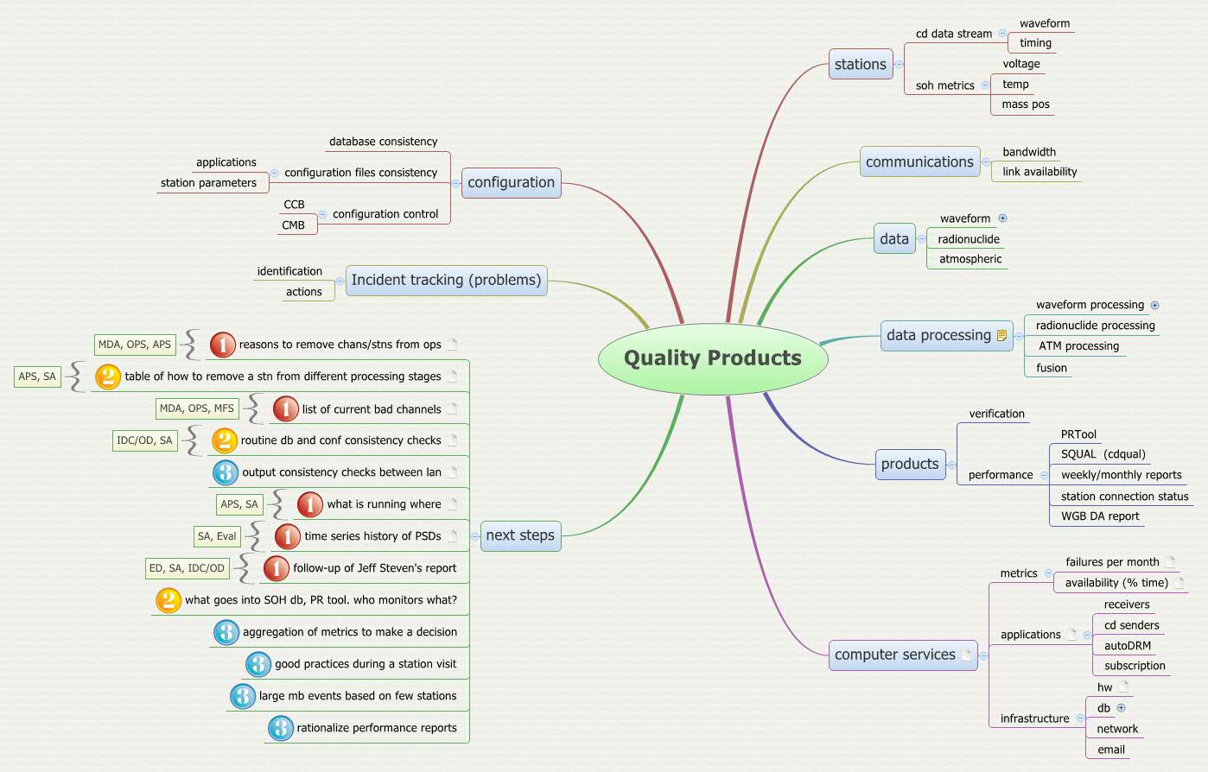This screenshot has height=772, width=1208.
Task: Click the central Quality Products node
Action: tap(713, 358)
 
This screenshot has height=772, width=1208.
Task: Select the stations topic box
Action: tap(860, 65)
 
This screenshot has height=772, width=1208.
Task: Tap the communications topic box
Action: tap(919, 162)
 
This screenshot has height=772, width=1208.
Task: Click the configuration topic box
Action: tap(511, 183)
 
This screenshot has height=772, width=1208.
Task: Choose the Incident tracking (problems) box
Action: tap(446, 281)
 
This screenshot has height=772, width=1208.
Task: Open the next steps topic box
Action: tap(520, 535)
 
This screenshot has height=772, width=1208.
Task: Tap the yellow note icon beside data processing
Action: tap(1001, 336)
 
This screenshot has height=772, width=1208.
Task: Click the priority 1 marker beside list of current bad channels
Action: tap(286, 408)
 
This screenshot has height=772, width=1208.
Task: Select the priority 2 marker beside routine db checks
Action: tap(224, 440)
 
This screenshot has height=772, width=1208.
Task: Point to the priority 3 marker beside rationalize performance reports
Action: tap(280, 728)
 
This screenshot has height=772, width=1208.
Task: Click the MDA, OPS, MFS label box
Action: tap(197, 408)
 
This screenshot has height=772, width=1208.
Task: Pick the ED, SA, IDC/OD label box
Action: tap(187, 568)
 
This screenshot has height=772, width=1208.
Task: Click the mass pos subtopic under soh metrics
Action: tap(1026, 104)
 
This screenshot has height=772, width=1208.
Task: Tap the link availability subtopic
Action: tap(1040, 172)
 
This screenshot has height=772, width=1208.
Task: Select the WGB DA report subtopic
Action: tap(1100, 516)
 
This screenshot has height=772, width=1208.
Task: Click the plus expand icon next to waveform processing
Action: tap(1154, 305)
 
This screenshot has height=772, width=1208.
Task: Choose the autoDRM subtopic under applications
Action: tap(1127, 646)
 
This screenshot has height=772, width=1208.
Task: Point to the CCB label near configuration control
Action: tap(294, 205)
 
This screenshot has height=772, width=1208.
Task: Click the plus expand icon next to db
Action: tap(1121, 708)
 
